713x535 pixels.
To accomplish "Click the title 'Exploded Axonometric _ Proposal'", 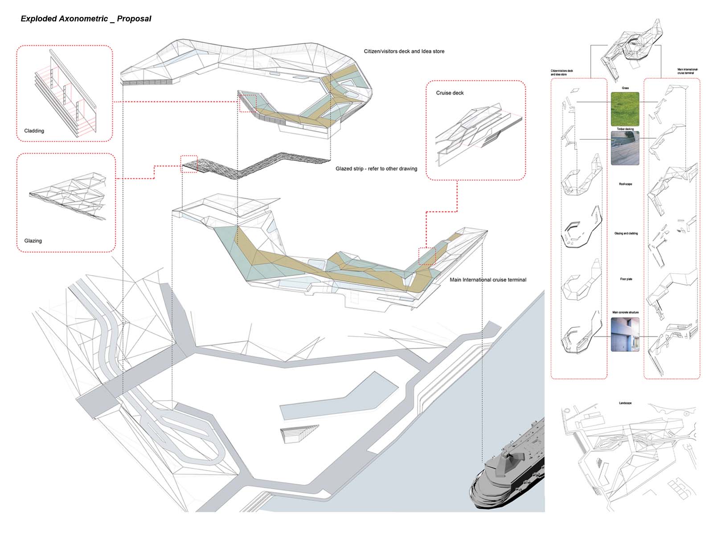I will pos(86,19).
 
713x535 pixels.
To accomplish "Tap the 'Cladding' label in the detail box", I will pos(34,131).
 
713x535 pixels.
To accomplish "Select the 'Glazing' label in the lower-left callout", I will pos(33,241).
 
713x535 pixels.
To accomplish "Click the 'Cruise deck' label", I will pos(450,93).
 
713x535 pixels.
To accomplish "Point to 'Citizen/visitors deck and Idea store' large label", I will pos(404,51).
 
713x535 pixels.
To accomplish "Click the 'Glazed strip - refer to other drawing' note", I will pos(376,169).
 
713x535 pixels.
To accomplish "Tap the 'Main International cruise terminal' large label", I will pos(488,280).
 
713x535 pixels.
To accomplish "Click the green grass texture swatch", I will pos(625,109).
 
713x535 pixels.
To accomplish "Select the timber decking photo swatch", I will pos(625,148).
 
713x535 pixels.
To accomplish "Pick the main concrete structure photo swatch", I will pos(625,334).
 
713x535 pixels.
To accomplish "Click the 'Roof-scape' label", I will pos(625,184).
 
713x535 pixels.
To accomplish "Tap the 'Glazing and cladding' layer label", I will pos(626,234).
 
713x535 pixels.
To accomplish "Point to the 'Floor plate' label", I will pos(626,279).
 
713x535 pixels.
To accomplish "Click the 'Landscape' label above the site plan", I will pos(625,403).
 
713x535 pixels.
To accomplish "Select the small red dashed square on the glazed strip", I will pos(189,164).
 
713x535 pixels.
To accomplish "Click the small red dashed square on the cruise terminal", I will pos(427,256).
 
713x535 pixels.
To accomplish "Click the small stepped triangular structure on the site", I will pos(298,433).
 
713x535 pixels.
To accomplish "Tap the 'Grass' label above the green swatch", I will pos(625,88).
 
